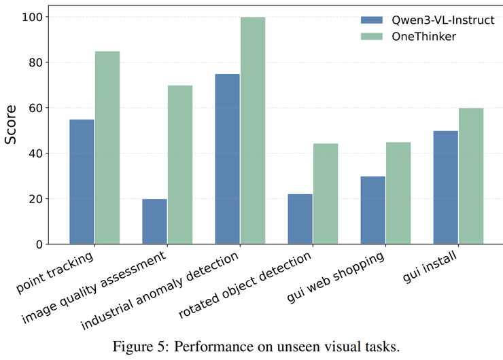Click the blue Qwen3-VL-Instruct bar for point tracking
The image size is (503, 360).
pos(82,182)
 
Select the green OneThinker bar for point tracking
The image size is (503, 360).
pos(107,148)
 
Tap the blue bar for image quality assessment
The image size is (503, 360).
pos(154,221)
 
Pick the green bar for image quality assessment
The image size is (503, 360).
pos(180,165)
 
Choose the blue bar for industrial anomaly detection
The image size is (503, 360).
pos(227,159)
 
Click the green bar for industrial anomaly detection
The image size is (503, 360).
pos(253,131)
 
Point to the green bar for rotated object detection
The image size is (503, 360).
pos(326,194)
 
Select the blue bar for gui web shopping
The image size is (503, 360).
pos(372,211)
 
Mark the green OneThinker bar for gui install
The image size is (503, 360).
pos(471,177)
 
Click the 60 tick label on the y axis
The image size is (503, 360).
pos(37,108)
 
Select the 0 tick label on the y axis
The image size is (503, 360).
pos(40,245)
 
